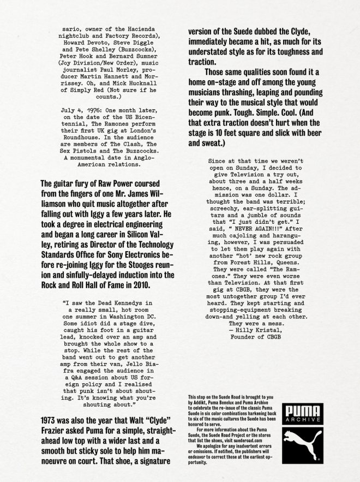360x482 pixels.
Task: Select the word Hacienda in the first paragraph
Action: [125, 26]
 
